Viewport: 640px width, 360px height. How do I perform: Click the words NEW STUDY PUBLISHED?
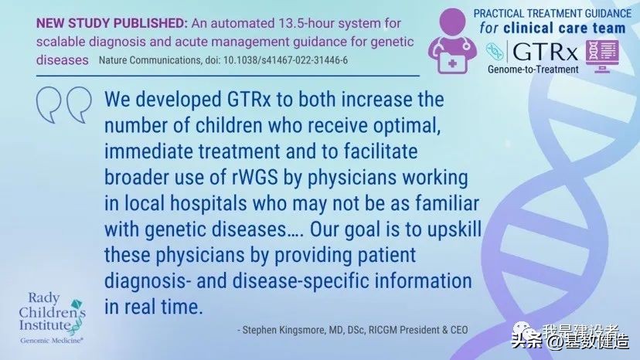[112, 23]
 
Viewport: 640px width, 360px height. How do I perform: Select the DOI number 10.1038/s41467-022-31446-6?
[285, 60]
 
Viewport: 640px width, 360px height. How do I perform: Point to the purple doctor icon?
[452, 41]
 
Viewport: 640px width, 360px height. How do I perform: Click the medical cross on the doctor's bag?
[452, 63]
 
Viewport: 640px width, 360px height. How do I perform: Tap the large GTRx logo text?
[545, 53]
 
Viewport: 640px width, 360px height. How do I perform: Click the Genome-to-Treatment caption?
[533, 70]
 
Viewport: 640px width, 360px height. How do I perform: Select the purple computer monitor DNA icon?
[602, 56]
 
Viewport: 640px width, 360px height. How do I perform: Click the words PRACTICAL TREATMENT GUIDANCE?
[552, 13]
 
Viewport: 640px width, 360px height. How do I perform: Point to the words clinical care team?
[564, 28]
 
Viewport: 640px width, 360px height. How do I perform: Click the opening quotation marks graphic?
[63, 104]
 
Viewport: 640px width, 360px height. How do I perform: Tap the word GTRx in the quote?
[249, 100]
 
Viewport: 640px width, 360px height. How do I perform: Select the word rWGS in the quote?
[256, 178]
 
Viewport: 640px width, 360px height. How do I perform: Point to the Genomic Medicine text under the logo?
[52, 341]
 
